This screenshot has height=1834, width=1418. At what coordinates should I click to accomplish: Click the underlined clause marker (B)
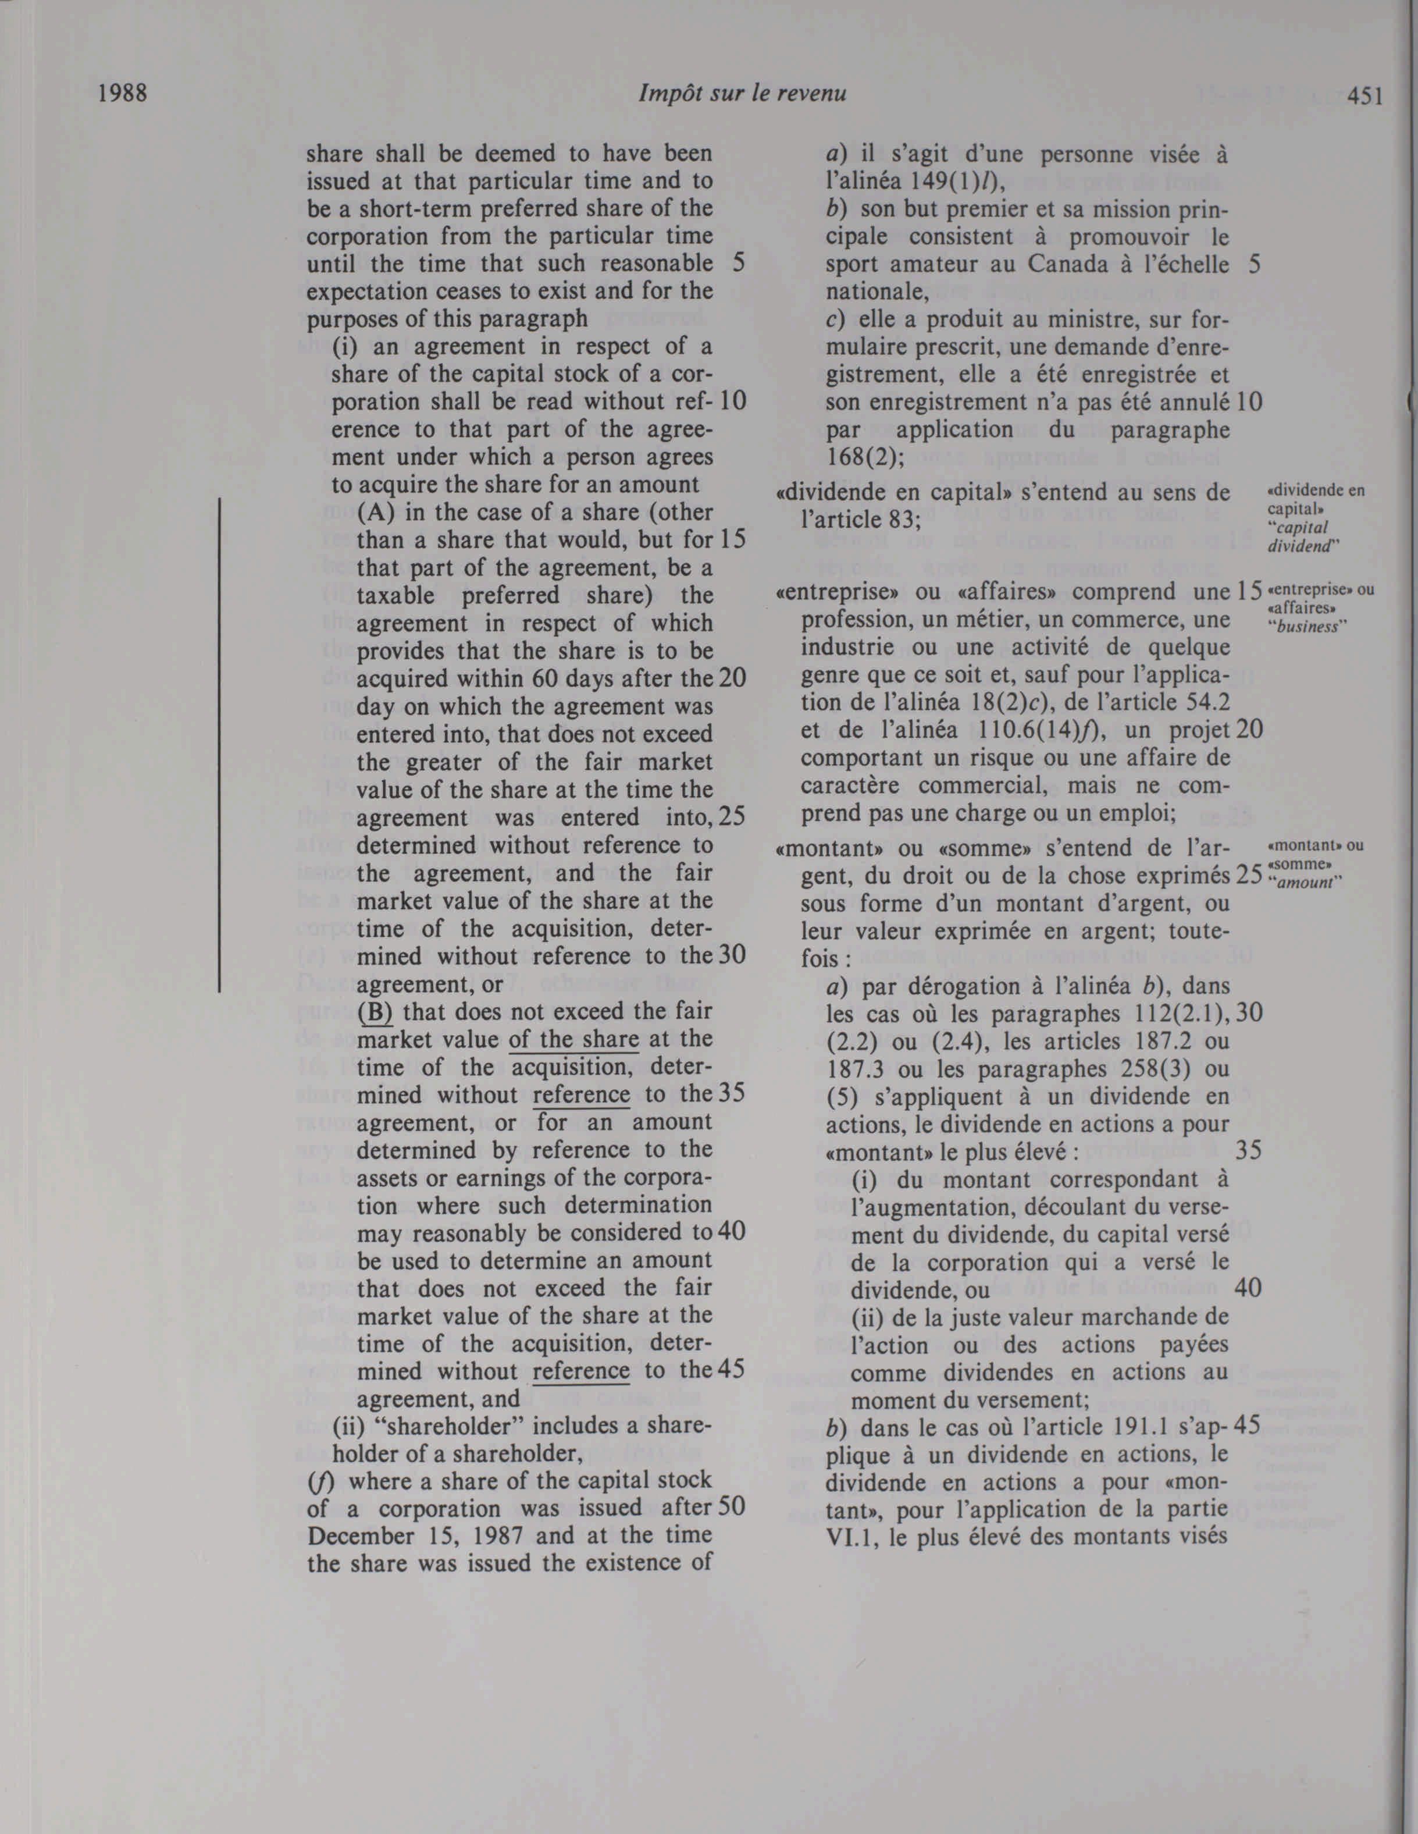[375, 1012]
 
